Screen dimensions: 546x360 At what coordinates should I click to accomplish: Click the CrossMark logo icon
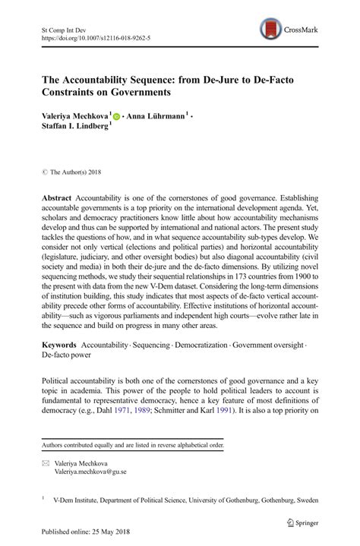[x=269, y=30]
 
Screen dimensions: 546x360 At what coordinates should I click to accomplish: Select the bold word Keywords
[x=61, y=344]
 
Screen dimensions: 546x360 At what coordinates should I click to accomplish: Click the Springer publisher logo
[x=296, y=522]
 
